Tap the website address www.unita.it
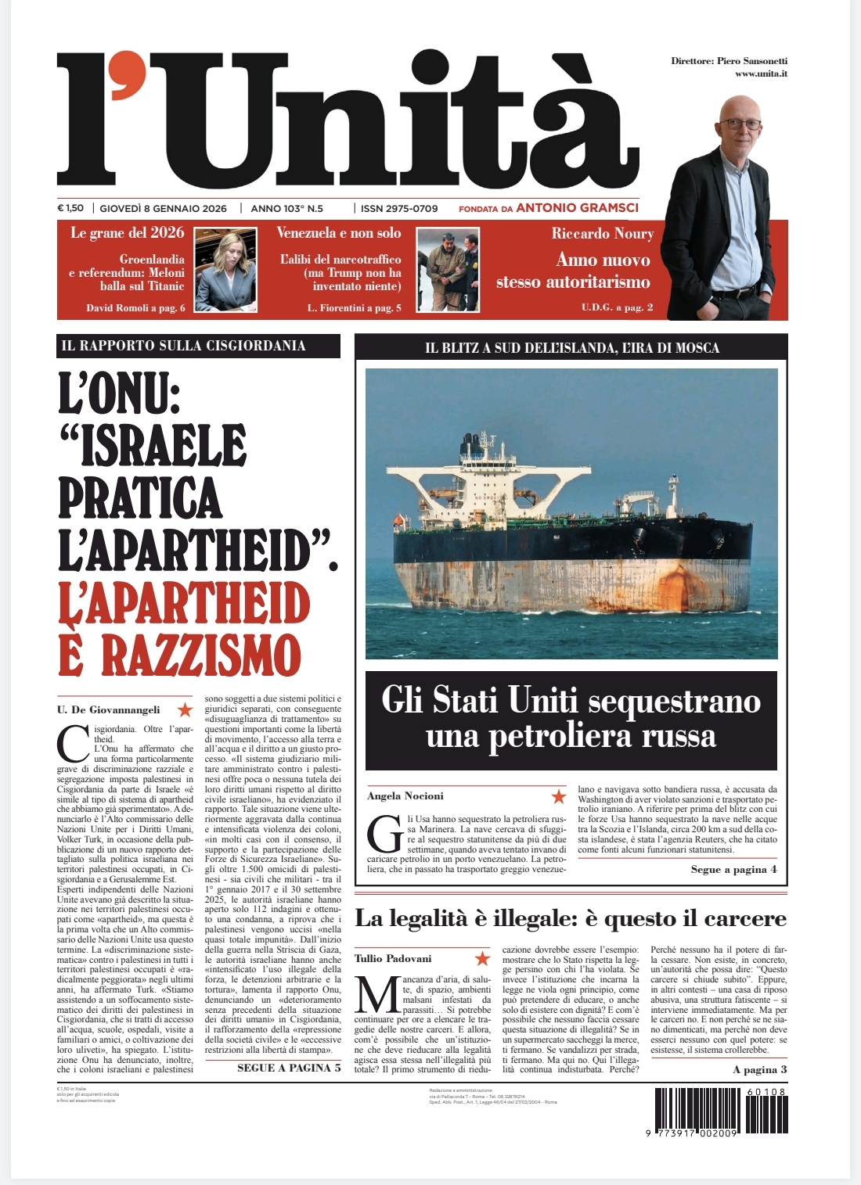761,74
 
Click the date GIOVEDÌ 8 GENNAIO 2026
163,209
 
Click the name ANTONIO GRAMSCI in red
578,208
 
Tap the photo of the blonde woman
225,270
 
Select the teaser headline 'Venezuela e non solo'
338,233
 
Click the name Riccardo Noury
602,234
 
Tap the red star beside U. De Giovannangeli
185,709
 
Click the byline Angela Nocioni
405,796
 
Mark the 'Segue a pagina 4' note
733,870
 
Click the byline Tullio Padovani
393,958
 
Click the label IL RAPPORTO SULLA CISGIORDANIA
183,346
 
